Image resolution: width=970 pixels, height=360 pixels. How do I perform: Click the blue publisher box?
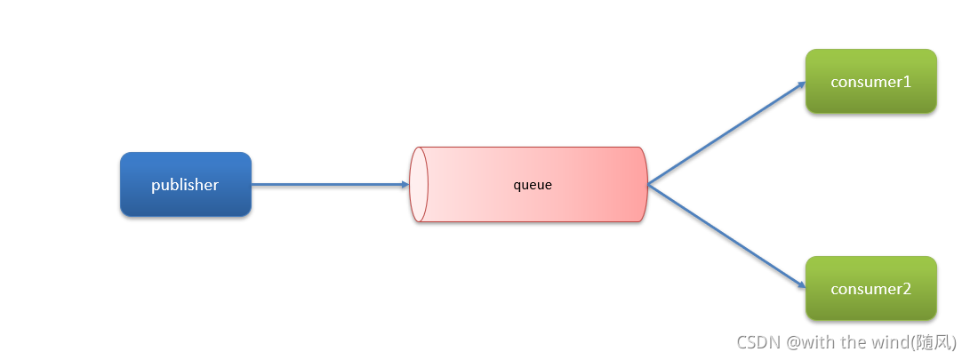186,184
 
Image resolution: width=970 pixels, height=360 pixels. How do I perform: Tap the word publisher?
185,185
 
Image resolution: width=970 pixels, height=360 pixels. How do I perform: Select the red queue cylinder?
528,184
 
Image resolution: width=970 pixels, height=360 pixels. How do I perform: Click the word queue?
533,184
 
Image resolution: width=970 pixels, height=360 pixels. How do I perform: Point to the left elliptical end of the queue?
419,184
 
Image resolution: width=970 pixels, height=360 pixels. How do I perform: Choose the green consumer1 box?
871,81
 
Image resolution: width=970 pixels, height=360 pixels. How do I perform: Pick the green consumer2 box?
871,288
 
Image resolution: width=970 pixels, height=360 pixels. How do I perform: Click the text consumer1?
871,82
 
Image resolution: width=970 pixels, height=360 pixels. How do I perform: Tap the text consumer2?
871,289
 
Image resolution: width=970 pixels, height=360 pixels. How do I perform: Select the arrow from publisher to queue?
331,184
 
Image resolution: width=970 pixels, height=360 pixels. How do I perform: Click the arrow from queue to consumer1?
727,133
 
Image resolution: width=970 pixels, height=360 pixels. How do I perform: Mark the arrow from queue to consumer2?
727,236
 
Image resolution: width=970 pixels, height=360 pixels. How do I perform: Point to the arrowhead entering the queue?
405,184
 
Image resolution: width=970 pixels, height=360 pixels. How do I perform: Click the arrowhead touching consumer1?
802,84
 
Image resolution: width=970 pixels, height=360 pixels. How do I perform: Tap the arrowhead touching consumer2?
802,285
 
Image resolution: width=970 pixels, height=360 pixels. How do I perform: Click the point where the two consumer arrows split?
648,184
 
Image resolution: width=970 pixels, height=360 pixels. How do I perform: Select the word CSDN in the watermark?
759,341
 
